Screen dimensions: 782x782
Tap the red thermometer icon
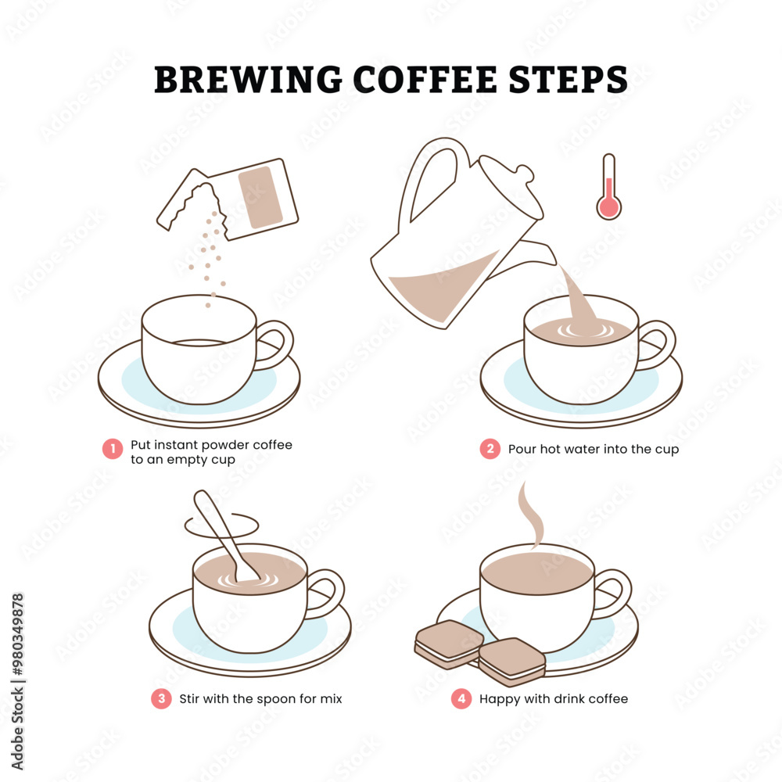pyautogui.click(x=608, y=188)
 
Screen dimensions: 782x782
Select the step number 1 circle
pyautogui.click(x=113, y=449)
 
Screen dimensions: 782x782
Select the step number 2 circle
pyautogui.click(x=490, y=449)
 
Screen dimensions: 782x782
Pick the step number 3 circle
pyautogui.click(x=161, y=698)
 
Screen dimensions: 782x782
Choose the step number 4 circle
pyautogui.click(x=461, y=698)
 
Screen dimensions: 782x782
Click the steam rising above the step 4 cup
pyautogui.click(x=532, y=516)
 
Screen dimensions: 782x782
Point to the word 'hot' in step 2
pyautogui.click(x=551, y=449)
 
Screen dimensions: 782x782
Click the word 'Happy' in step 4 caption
pyautogui.click(x=499, y=698)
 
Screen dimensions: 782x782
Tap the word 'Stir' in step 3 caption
pyautogui.click(x=189, y=698)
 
